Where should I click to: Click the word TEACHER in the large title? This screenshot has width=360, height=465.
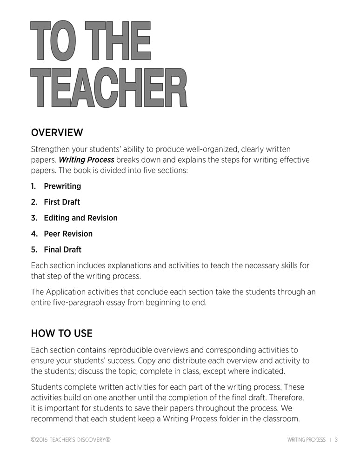coord(109,88)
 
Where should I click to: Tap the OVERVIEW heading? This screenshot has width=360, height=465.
coord(57,133)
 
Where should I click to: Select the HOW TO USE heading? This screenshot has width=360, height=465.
coord(61,333)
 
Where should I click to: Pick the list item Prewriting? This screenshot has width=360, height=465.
coord(62,186)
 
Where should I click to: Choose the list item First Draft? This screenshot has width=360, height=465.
coord(62,202)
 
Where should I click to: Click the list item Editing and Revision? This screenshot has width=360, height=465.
coord(80,218)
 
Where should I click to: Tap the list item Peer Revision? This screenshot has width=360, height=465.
coord(68,233)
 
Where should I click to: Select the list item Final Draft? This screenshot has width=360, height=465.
coord(62,249)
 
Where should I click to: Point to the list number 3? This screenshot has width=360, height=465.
coord(33,218)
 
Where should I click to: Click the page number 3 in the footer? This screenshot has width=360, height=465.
coord(336,439)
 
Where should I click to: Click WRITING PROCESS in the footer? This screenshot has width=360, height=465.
coord(306,439)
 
